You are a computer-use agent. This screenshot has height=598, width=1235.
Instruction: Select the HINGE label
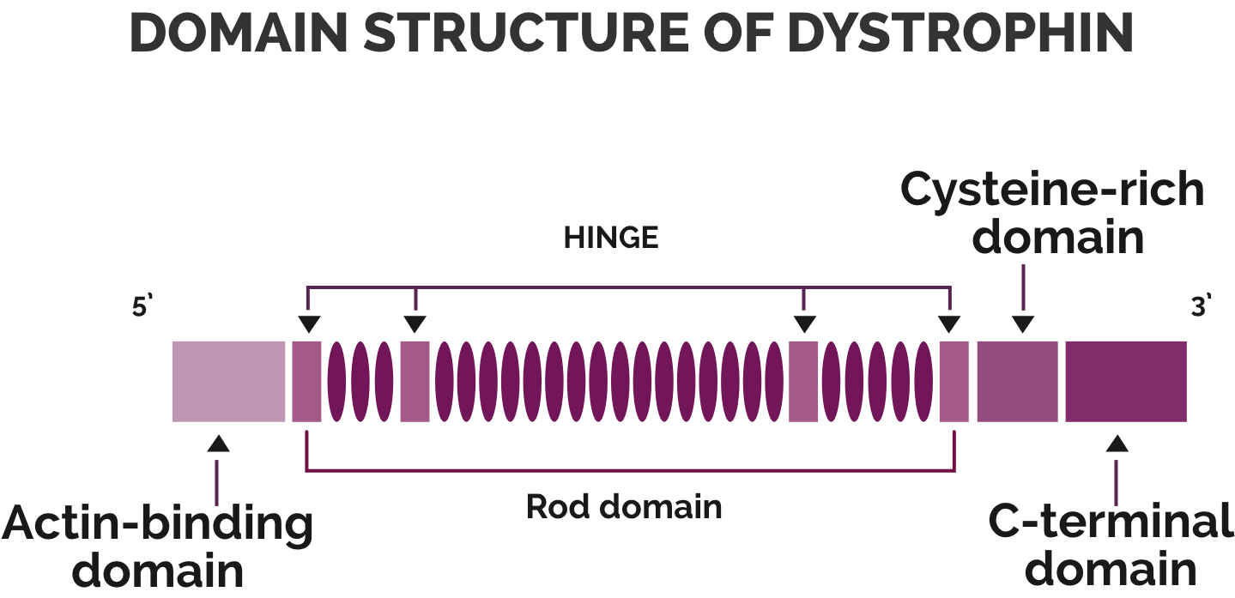pos(610,239)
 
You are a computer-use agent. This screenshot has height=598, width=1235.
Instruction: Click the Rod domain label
pos(624,506)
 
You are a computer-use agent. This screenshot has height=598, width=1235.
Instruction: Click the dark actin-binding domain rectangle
pos(228,381)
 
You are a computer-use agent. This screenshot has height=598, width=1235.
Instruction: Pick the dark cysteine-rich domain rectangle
pos(1017,381)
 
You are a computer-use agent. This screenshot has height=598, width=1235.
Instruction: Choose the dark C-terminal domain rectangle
pos(1126,381)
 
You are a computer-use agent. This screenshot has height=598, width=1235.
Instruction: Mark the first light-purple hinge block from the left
pos(306,381)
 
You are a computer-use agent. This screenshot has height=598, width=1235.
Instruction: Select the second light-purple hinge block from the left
pos(415,381)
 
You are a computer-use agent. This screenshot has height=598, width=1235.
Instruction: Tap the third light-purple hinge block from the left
pos(803,381)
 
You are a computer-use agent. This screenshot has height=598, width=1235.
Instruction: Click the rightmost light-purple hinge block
pos(953,381)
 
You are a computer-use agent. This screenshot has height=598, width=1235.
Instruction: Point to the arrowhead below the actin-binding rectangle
pos(219,444)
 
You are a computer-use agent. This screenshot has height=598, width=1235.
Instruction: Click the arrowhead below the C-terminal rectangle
pos(1117,444)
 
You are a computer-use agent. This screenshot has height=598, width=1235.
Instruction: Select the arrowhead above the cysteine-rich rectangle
pos(1023,324)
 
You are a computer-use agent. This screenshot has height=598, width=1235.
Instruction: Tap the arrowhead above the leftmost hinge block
pos(309,324)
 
